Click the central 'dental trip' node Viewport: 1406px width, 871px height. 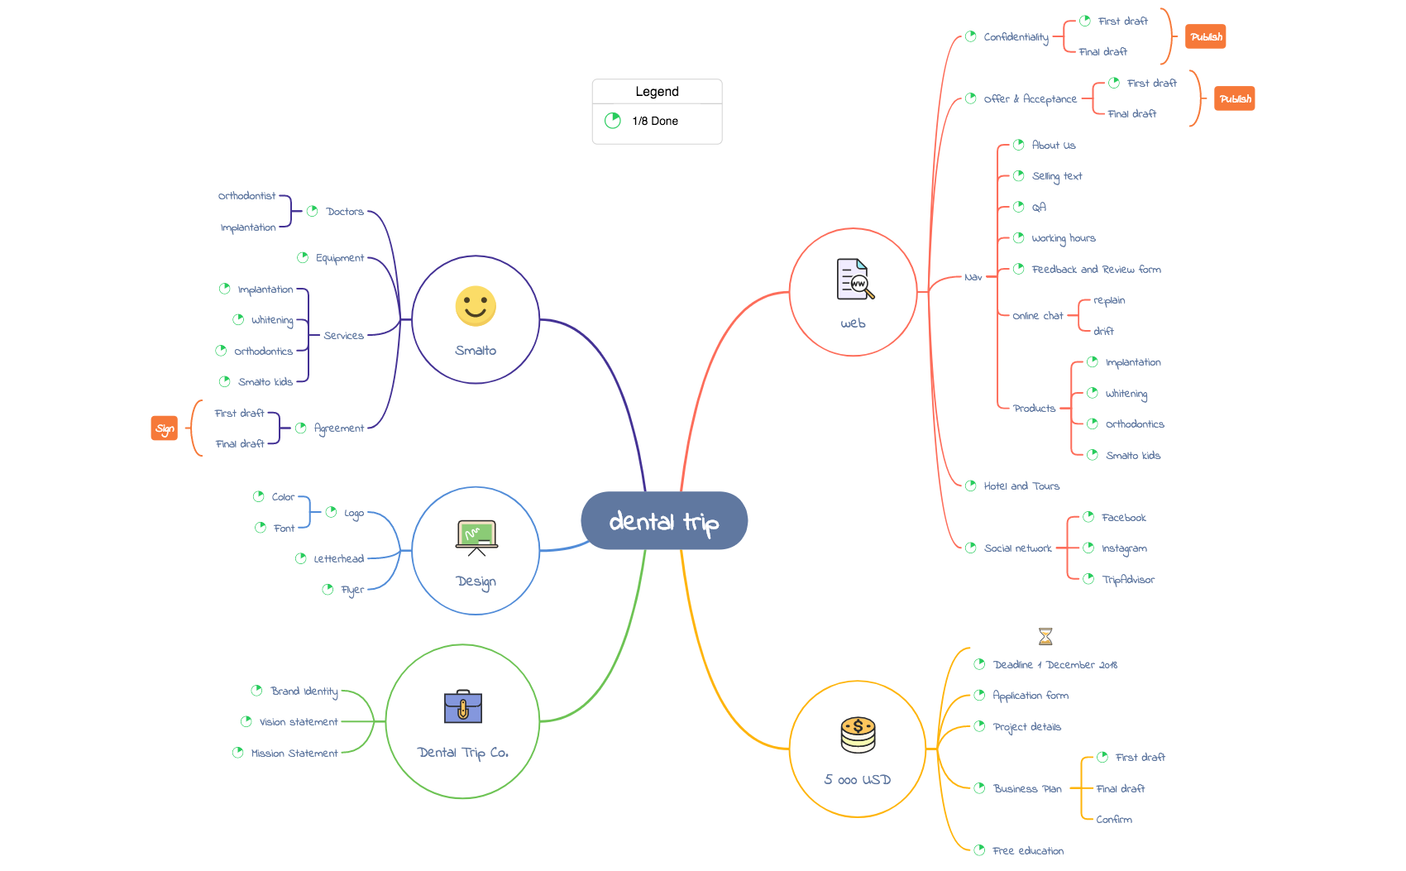(x=664, y=520)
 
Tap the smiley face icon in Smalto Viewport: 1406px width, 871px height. (x=476, y=306)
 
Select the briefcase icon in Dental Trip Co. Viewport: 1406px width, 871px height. (x=462, y=706)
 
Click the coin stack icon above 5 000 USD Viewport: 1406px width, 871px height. (x=858, y=735)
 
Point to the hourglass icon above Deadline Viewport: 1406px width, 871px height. (x=1045, y=637)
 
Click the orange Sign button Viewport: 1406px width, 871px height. (x=165, y=428)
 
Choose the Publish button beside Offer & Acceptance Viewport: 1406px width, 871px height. (x=1234, y=98)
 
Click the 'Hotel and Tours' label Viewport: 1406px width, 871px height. (x=1021, y=486)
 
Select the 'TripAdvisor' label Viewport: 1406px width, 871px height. (x=1128, y=580)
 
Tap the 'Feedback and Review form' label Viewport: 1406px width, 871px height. (x=1096, y=270)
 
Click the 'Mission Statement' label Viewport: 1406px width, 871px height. (x=294, y=753)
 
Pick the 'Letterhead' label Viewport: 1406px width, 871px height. (x=338, y=558)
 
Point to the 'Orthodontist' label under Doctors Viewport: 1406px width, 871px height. (x=246, y=196)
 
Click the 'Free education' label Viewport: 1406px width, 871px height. (x=1028, y=851)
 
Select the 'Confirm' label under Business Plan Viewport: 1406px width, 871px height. (x=1114, y=820)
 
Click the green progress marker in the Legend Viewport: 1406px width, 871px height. (x=613, y=121)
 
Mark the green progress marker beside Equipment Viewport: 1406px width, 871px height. (x=303, y=257)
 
